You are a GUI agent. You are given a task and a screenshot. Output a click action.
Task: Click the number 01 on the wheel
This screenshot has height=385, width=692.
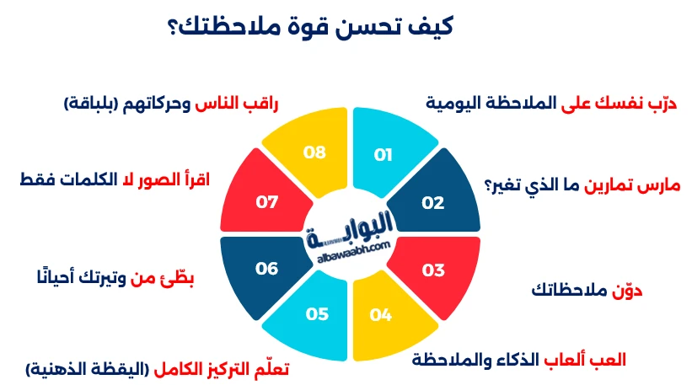[384, 155]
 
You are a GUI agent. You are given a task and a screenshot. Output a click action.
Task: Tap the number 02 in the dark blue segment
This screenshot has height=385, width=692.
[432, 203]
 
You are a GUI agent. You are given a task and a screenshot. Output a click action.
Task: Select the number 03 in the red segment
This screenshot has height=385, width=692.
[432, 270]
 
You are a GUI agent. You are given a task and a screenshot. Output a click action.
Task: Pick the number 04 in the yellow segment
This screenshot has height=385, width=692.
[381, 316]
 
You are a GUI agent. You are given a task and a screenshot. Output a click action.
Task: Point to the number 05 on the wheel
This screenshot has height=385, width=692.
[317, 314]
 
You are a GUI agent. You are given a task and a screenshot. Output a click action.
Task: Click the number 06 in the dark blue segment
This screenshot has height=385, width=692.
[267, 269]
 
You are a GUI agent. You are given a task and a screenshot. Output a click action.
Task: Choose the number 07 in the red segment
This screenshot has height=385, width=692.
[266, 203]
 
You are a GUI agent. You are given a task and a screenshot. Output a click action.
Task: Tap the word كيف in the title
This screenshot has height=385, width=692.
[430, 25]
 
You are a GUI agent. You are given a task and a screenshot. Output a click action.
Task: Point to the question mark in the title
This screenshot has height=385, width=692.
[174, 26]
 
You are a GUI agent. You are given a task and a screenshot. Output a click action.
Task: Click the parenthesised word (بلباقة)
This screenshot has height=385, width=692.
[94, 104]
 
